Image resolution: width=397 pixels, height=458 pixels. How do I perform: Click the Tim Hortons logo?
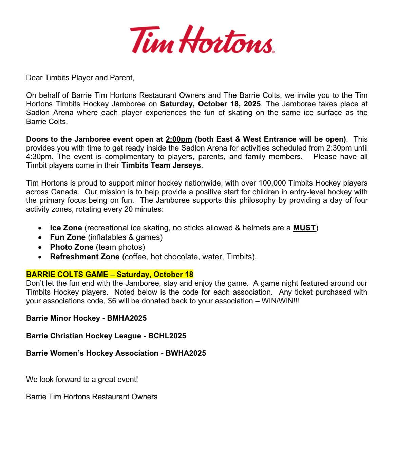(202, 39)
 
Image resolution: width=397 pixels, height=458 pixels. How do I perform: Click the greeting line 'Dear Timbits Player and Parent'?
(80, 78)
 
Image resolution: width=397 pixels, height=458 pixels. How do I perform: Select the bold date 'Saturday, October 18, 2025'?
(210, 104)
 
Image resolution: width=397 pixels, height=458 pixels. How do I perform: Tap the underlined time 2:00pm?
(179, 139)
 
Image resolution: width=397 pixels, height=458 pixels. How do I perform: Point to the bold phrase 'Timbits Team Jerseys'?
(162, 166)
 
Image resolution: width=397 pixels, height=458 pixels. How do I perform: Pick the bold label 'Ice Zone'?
(66, 228)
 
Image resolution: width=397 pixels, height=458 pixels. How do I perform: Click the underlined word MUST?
(304, 228)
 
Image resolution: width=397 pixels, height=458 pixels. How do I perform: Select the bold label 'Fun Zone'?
(68, 237)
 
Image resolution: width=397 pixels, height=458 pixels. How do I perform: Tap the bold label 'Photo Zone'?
(71, 247)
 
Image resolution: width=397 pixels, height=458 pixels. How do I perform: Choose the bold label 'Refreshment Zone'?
(84, 257)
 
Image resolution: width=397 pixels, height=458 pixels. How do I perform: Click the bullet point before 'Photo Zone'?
(40, 247)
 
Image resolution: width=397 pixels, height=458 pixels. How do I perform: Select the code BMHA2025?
(127, 318)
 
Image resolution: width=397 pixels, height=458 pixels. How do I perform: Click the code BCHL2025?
(167, 336)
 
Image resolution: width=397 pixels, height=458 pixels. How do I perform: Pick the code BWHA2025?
(186, 353)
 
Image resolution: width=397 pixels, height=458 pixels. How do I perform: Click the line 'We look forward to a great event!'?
(82, 379)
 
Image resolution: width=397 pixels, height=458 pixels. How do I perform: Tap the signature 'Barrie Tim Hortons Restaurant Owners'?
(92, 397)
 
